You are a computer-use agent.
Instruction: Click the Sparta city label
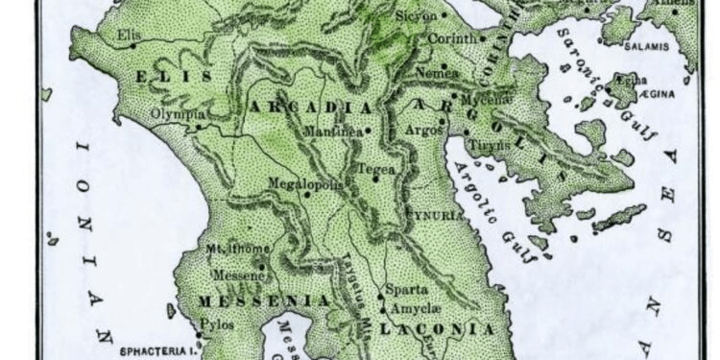click(405, 289)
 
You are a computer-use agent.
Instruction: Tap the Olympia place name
click(178, 113)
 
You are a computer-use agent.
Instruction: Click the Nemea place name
click(435, 72)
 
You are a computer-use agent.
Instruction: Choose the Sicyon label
click(418, 16)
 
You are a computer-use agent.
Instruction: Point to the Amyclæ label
click(412, 308)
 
